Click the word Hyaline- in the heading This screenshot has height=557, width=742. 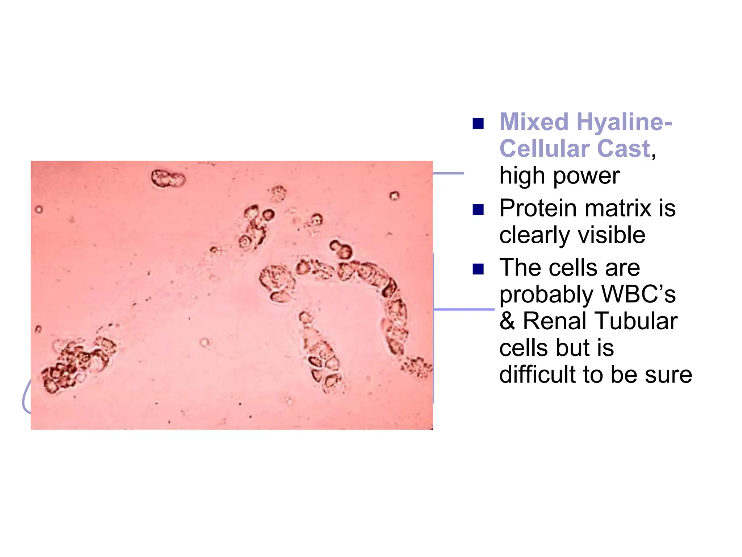click(624, 122)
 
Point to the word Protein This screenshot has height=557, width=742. click(538, 209)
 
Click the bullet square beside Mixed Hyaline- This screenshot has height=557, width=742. click(478, 124)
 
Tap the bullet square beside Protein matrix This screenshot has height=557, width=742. click(478, 210)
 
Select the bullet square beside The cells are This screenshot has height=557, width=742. click(478, 269)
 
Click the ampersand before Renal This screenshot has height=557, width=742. click(507, 321)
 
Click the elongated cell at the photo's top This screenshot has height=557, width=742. click(168, 178)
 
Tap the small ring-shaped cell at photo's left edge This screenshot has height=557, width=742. click(39, 209)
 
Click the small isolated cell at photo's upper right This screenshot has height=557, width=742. click(394, 196)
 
